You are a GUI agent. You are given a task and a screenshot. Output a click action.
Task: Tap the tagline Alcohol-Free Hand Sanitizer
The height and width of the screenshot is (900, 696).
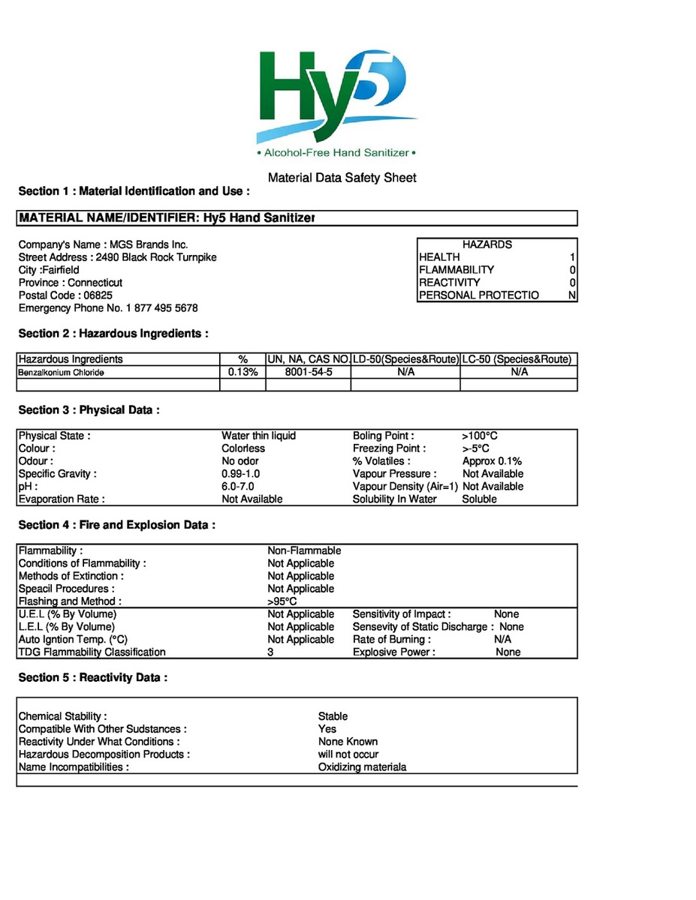point(336,153)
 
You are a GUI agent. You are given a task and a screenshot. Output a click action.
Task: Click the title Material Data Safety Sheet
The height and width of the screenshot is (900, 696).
point(342,178)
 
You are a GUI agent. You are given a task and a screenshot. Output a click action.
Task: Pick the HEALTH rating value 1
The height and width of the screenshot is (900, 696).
point(572,257)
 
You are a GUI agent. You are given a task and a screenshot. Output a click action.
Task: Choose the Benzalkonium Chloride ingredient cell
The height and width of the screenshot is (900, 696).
point(62,372)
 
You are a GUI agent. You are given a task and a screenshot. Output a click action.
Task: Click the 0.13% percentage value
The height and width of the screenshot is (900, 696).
point(243,372)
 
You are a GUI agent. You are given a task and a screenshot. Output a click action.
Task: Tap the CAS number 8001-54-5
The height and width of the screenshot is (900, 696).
point(309,372)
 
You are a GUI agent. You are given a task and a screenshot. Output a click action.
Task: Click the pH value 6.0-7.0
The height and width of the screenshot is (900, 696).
point(238,487)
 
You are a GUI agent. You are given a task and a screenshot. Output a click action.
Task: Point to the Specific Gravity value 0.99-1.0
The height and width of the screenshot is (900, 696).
point(241,474)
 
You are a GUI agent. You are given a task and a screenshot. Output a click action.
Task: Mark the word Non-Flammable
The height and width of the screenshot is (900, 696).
point(304,550)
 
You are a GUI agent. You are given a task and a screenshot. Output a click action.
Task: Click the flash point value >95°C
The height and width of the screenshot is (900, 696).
point(282,601)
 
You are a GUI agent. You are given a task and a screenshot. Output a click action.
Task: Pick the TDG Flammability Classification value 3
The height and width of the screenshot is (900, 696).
point(270,652)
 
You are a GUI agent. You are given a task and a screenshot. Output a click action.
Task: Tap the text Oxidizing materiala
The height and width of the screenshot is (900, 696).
point(362,767)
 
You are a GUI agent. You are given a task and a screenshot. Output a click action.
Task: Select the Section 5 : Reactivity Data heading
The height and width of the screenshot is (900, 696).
point(92,677)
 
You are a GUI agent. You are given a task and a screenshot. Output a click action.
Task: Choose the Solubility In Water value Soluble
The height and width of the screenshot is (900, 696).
point(479,499)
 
